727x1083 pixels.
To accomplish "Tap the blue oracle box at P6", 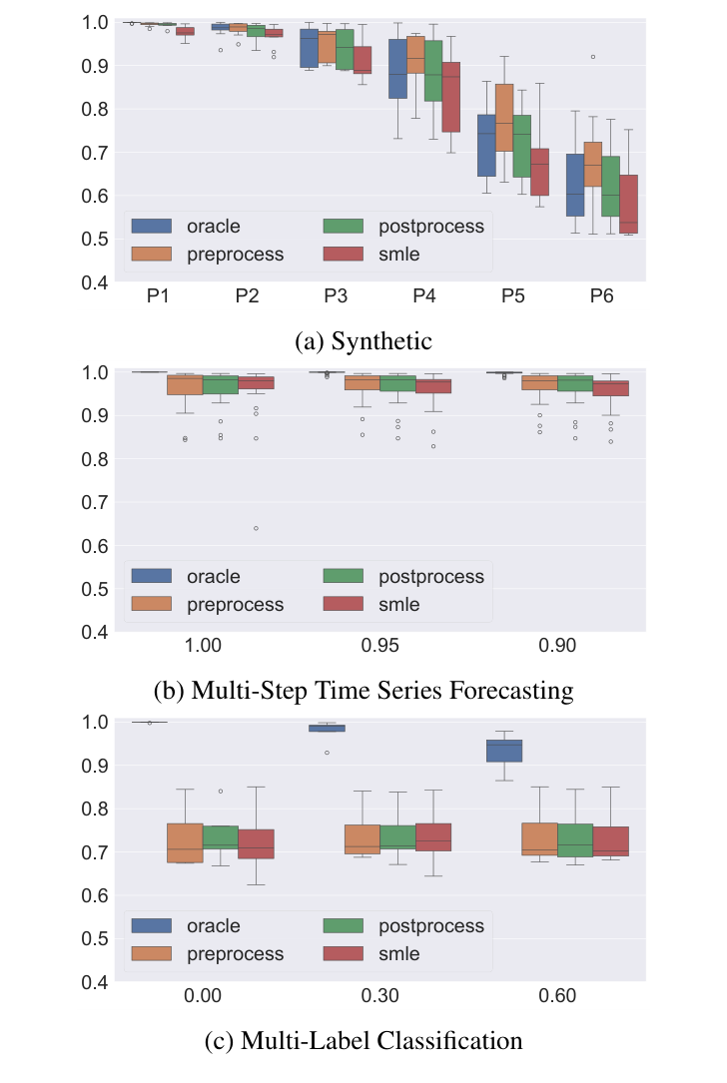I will [x=574, y=185].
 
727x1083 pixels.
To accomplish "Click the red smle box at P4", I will [x=450, y=97].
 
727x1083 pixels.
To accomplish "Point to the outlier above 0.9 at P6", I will [x=592, y=57].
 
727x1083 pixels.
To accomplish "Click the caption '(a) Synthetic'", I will [x=363, y=341].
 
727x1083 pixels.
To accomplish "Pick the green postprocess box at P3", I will [x=345, y=49].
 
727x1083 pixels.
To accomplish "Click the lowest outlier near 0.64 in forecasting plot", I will [x=256, y=528].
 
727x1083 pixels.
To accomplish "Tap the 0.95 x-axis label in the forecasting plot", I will [x=380, y=646].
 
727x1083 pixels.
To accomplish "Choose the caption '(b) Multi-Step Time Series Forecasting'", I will [x=363, y=691].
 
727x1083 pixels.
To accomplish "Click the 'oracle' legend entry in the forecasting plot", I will [x=213, y=576].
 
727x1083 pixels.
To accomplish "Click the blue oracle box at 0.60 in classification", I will [x=503, y=751].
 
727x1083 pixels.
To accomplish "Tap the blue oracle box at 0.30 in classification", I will [x=327, y=729].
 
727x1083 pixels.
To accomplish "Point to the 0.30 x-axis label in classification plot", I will [x=380, y=996].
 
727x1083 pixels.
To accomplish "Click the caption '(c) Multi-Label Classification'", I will [x=363, y=1041].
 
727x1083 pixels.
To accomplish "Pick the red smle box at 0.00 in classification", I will [x=256, y=843].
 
